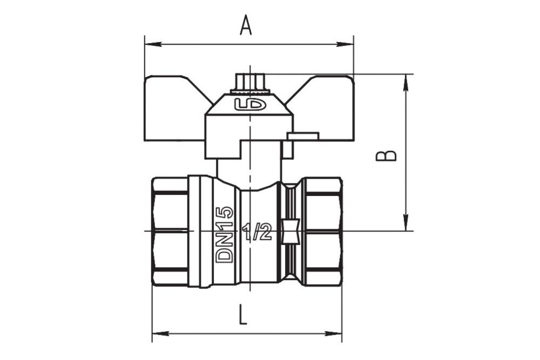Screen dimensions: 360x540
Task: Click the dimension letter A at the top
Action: tap(246, 25)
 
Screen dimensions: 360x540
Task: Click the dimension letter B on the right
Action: tap(386, 155)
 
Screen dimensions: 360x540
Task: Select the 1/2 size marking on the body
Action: tap(256, 233)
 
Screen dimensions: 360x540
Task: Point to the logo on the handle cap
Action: tap(250, 104)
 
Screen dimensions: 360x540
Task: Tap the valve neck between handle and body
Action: tap(249, 172)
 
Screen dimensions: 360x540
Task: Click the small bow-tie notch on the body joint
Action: tap(292, 232)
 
